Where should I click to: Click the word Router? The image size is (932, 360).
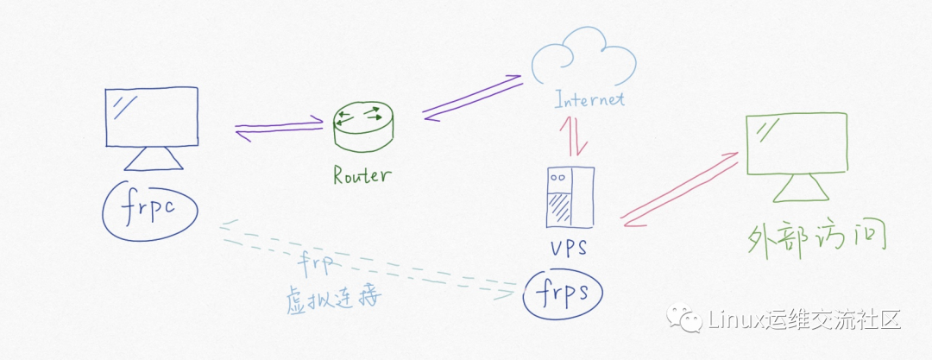coord(362,176)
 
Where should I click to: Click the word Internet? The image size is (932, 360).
coord(589,99)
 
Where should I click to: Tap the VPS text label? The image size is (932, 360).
coord(569,249)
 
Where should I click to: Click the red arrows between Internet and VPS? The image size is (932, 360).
coord(572,136)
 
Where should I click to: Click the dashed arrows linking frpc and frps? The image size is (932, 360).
coord(362,259)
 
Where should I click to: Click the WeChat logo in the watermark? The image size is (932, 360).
coord(690,320)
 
